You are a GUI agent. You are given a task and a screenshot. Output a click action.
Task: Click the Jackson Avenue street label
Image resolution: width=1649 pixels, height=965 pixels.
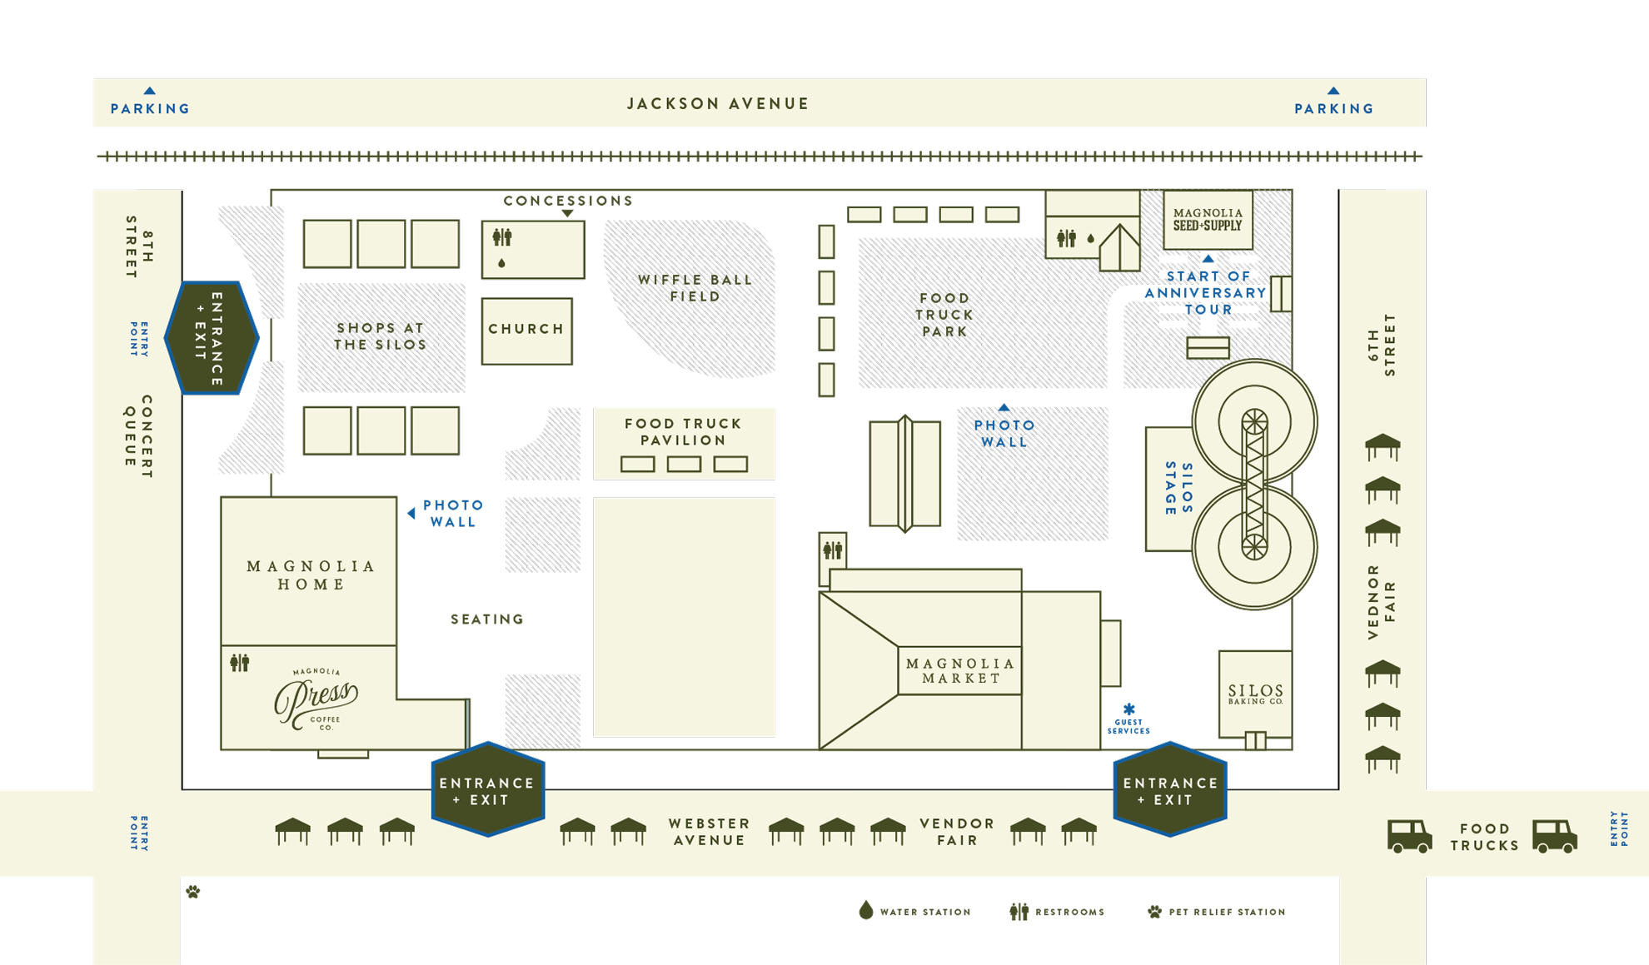pos(718,104)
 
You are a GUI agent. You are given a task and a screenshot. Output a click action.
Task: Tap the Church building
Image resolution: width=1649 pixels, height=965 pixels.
pos(527,331)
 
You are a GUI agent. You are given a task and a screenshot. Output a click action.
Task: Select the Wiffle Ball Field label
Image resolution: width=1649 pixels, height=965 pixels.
pos(695,288)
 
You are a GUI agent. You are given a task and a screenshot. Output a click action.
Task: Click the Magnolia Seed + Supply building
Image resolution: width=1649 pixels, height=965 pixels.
pos(1208,220)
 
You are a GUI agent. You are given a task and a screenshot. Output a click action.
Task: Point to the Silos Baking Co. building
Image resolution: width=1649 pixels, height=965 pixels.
pos(1255,694)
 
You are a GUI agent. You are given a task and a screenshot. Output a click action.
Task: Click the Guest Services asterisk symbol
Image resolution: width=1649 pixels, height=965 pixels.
pos(1128,709)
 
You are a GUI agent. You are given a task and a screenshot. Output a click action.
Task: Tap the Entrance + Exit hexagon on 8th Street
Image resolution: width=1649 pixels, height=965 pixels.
pos(212,338)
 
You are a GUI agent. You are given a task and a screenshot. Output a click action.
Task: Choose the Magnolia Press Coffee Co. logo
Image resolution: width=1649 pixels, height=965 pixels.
pos(316,699)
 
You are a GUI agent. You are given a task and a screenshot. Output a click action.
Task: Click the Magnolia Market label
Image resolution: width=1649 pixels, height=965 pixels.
pos(960,670)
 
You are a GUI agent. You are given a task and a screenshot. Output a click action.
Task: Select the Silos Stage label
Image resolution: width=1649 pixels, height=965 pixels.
pos(1179,490)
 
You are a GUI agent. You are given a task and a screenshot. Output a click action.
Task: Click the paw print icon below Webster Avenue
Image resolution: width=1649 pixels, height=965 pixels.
pos(193,892)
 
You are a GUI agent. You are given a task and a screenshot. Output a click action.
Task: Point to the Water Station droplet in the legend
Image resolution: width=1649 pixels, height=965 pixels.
pos(866,910)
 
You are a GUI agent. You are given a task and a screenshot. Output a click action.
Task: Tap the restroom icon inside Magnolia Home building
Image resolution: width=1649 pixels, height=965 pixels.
pos(240,663)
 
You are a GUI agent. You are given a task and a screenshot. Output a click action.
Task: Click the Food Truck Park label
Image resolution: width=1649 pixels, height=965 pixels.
pos(944,315)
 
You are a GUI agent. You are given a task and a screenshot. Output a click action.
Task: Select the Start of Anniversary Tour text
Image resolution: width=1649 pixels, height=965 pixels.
pos(1206,293)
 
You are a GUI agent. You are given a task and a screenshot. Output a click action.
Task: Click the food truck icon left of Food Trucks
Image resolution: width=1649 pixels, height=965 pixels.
pos(1409,836)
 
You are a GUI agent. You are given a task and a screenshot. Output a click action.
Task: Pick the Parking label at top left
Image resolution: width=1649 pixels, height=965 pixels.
pos(151,109)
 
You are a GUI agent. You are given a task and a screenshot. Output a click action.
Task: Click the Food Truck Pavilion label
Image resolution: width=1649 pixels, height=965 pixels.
pos(683,432)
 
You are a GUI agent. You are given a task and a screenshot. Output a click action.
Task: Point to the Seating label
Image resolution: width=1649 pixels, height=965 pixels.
pos(487,619)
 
